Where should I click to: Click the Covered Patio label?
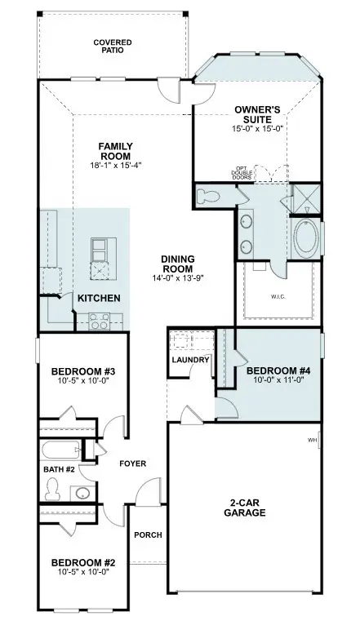point(112,47)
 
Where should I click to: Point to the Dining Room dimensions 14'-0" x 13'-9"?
point(177,278)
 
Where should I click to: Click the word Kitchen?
point(100,299)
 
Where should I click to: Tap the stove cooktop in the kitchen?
point(100,321)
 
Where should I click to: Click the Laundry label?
point(191,360)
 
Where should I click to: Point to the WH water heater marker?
point(312,441)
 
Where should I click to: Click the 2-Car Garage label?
point(243,508)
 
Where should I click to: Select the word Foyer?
point(131,464)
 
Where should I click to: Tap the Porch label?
point(147,535)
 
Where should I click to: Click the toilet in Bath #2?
point(53,487)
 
